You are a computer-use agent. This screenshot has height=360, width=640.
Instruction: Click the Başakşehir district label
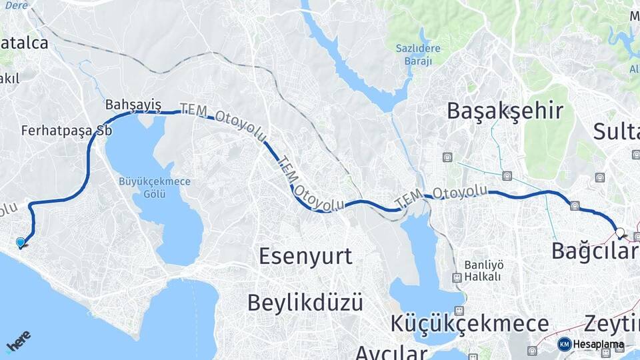(505, 111)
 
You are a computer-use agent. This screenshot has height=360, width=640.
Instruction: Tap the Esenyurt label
(305, 256)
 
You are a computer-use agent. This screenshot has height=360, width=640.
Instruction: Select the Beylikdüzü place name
(305, 302)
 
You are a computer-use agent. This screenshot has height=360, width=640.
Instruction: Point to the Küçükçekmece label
(470, 325)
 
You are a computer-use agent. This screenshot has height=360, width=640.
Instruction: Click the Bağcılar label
(595, 251)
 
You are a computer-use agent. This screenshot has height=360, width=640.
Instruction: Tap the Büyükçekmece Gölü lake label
(155, 187)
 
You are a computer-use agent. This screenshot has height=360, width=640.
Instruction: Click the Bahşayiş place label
(133, 105)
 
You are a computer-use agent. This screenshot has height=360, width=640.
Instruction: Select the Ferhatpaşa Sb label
(66, 131)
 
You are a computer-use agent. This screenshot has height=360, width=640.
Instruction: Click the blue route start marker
(21, 243)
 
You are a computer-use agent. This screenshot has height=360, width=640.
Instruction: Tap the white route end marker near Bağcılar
(620, 233)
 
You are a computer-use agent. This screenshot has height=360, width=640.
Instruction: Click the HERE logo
(19, 341)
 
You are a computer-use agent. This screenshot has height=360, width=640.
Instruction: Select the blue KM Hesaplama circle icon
(564, 344)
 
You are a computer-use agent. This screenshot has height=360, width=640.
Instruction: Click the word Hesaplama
(598, 345)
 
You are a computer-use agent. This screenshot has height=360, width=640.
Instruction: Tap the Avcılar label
(390, 352)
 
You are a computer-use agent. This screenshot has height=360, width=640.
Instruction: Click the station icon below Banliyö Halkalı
(457, 278)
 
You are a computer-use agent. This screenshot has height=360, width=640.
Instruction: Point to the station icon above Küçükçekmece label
(459, 311)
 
